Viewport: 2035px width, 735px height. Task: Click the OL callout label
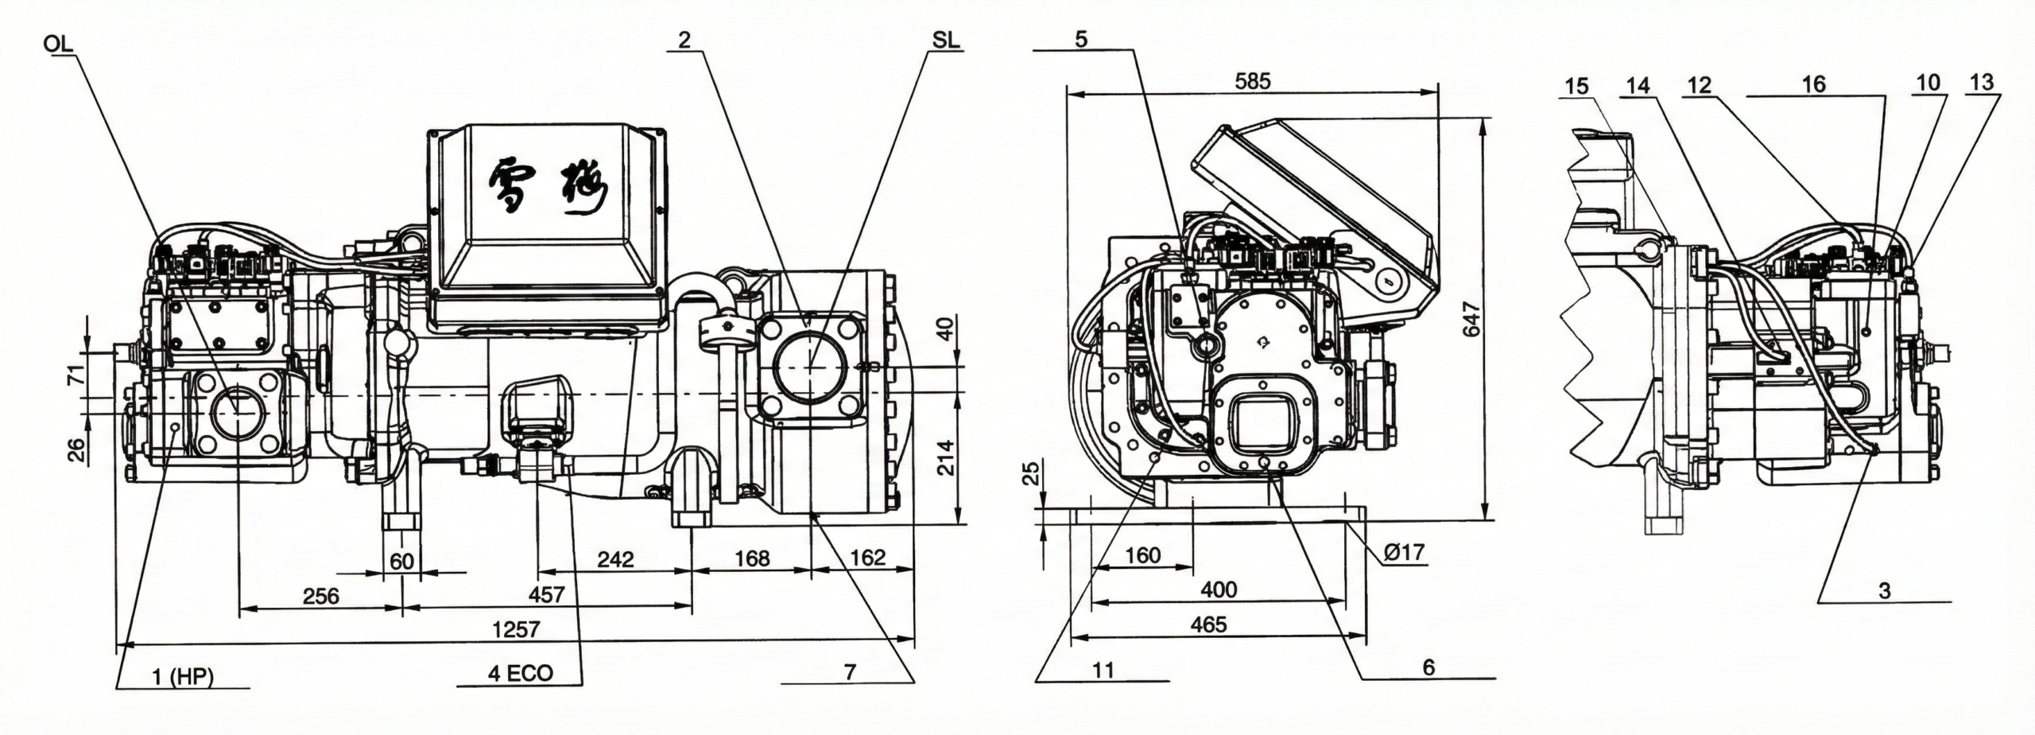click(59, 43)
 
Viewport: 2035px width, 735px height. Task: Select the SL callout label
click(946, 41)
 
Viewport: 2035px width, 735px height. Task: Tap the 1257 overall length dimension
click(516, 629)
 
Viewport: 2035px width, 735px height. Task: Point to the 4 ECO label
click(521, 673)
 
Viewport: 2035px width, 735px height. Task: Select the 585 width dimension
click(1253, 80)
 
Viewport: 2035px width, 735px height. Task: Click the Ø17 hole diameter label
click(1404, 552)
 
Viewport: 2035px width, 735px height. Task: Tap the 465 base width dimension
click(1208, 624)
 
